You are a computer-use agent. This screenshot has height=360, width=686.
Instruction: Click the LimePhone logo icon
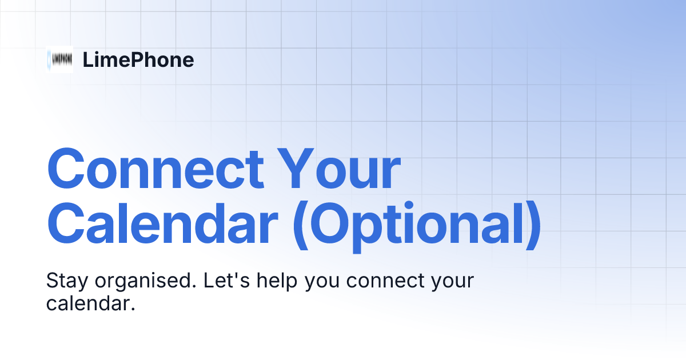[59, 59]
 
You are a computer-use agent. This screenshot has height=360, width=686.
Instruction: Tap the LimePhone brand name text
[138, 60]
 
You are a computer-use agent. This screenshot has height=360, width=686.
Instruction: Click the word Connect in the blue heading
[155, 170]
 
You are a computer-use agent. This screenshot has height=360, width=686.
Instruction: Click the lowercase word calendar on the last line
[90, 303]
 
